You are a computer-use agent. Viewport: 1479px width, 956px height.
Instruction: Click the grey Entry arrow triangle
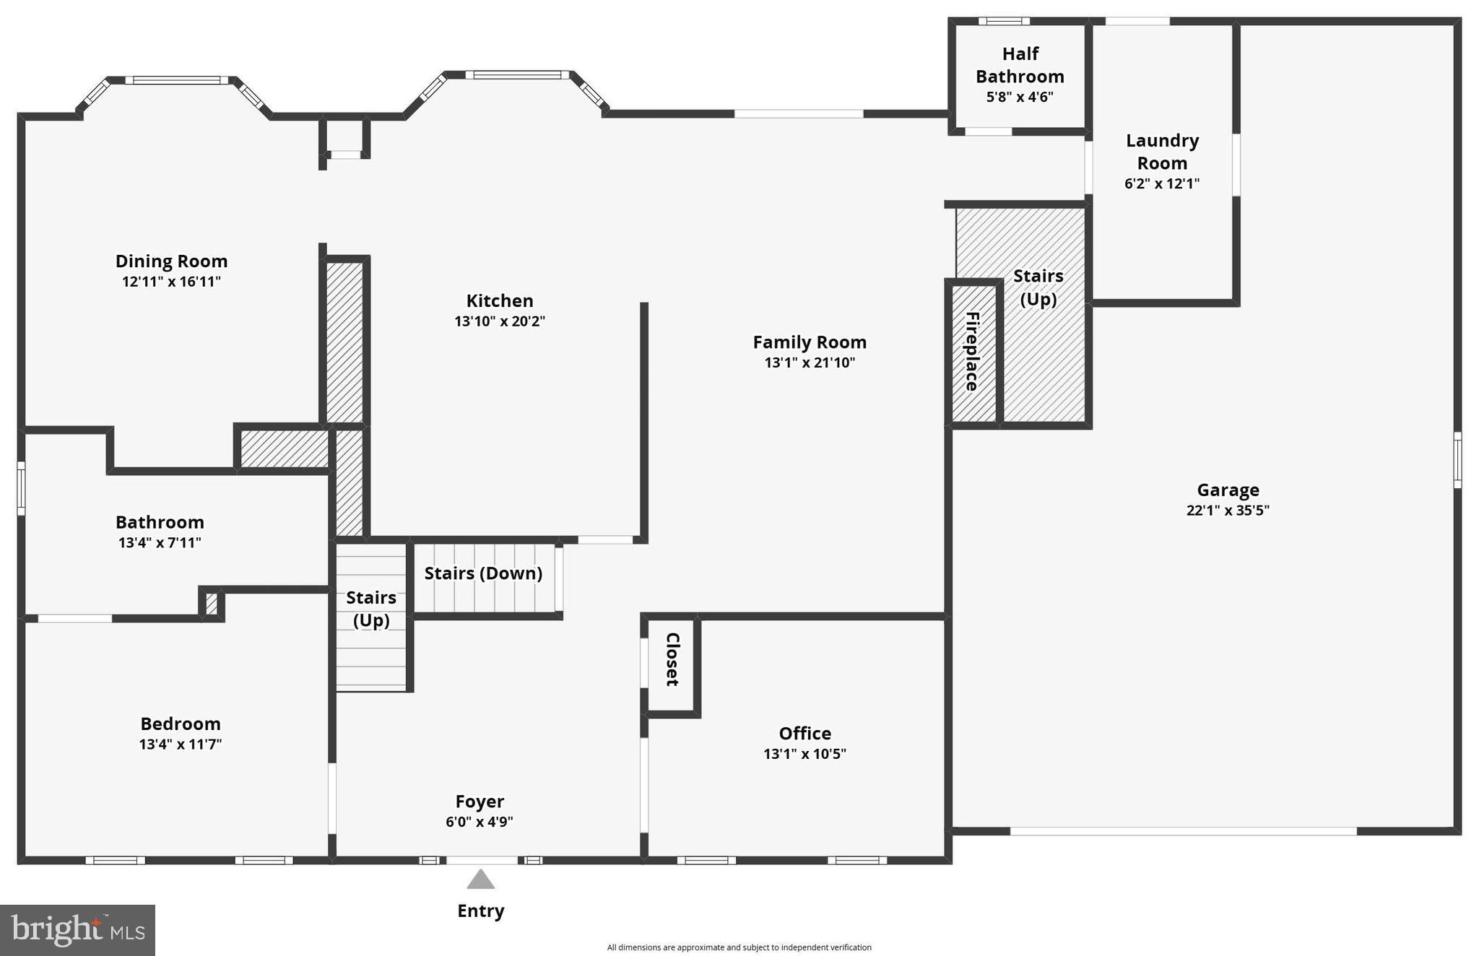480,879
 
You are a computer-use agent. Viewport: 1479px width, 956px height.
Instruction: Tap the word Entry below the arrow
480,911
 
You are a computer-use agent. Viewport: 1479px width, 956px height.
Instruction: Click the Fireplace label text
972,352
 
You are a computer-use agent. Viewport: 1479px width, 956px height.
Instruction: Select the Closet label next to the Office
672,659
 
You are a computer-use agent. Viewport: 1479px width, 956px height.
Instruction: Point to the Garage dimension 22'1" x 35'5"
1228,510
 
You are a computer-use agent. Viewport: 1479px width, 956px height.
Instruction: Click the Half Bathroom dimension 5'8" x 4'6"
1020,97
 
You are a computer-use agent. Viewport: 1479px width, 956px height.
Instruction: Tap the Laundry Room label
1162,152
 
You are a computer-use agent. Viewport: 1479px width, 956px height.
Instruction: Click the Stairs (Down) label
483,573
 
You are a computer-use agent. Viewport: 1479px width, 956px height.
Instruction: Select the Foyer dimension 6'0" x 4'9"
480,822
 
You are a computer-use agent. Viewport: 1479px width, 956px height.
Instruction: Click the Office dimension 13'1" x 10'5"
804,754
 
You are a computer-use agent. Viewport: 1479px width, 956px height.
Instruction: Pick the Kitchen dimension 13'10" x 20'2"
499,321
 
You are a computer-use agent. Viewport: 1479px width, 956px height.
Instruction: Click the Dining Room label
171,261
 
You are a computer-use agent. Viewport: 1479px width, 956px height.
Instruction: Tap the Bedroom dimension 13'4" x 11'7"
180,744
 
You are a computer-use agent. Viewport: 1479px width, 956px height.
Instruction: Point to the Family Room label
810,342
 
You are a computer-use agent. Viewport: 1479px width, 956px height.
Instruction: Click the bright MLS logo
77,930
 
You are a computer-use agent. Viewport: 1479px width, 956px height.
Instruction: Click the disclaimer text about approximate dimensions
739,947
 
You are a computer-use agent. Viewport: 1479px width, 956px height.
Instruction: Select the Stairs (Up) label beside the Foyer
371,609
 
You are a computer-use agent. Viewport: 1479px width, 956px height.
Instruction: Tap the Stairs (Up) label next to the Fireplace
1038,287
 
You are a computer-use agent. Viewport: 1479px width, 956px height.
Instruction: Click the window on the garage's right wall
1457,460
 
